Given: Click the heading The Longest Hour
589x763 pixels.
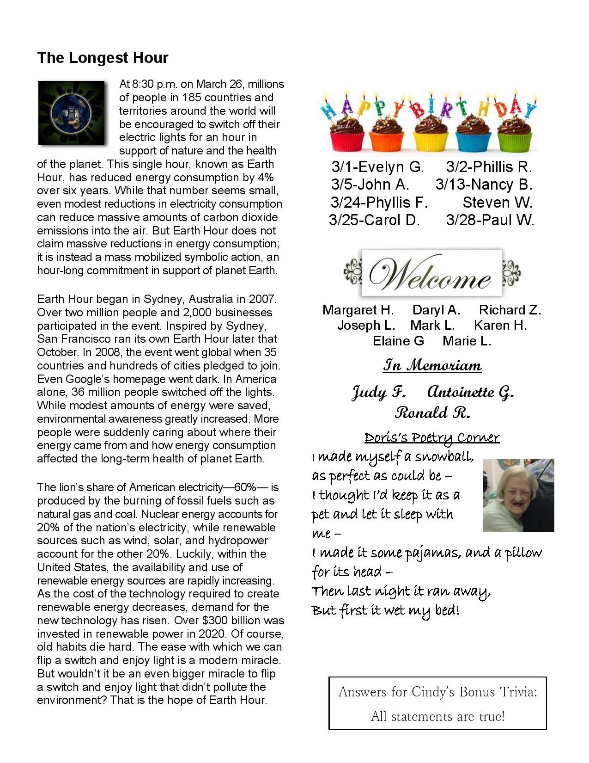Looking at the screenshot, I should [103, 58].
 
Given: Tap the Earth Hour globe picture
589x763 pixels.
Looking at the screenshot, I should [71, 112].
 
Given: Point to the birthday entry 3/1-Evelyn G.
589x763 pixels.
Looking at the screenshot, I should [377, 167].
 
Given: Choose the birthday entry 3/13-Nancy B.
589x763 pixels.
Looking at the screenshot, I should [484, 185].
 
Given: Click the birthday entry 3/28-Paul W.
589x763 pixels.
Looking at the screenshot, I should [490, 220].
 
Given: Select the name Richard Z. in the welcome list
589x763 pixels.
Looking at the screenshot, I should [510, 310].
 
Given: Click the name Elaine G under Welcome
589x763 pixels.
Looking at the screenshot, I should [398, 341].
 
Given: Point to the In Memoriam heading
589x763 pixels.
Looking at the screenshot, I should [432, 366].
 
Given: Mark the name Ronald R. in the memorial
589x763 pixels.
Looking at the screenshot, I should [432, 412].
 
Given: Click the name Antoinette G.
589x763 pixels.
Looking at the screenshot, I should [470, 393].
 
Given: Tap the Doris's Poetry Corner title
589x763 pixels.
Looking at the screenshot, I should [432, 437].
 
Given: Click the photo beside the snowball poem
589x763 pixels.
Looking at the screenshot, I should [518, 495].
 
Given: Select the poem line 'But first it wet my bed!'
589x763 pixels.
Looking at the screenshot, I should [386, 610].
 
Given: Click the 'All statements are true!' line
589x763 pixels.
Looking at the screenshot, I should [437, 716].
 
